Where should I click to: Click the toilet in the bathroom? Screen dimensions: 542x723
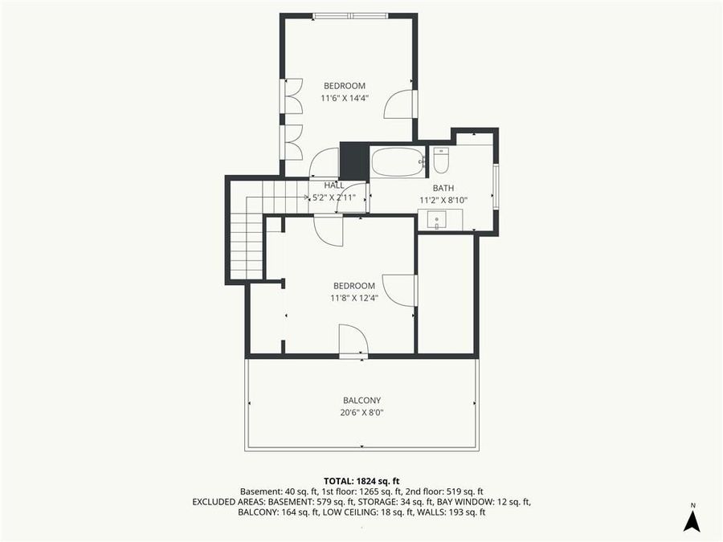coord(440,161)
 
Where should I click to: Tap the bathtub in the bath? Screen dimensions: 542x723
coord(397,161)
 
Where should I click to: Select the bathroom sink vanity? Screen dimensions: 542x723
coord(438,219)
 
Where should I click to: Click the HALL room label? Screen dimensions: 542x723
coord(334,185)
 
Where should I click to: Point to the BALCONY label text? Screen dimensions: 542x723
coord(361,401)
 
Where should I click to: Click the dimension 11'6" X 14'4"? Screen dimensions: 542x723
coord(345,98)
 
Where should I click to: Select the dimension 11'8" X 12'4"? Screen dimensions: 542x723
coord(354,298)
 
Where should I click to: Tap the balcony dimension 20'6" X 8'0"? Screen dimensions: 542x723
coord(361,413)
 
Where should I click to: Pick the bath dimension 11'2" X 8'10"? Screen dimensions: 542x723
coord(443,200)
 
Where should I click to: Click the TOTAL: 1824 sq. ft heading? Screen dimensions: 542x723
coord(361,479)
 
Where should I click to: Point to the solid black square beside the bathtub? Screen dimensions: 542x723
coord(353,161)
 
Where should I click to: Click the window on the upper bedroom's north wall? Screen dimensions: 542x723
coord(349,15)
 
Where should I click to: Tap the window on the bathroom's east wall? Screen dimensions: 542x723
coord(496,186)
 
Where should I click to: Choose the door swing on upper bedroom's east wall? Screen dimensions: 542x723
coord(400,104)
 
